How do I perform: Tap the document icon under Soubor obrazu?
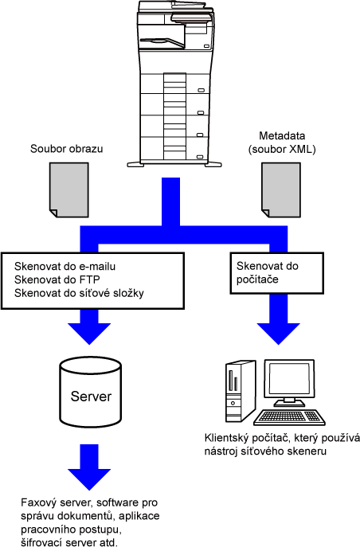(69, 189)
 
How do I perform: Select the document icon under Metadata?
(281, 189)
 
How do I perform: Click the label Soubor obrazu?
(67, 149)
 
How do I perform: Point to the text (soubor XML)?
(282, 150)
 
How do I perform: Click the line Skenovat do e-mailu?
(65, 267)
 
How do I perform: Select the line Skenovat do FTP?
(57, 279)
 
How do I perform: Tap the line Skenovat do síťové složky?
(79, 293)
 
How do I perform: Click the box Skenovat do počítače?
(276, 273)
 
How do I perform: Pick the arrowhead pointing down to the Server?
(89, 334)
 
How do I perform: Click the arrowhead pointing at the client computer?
(279, 334)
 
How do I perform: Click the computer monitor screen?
(289, 378)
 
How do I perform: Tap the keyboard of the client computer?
(290, 417)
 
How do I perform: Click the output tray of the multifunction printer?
(162, 42)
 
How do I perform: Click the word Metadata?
(282, 135)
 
